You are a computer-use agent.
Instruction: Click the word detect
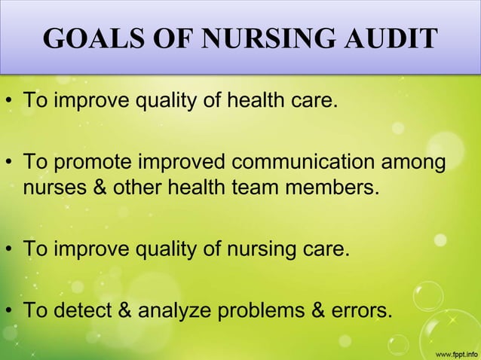pyautogui.click(x=82, y=310)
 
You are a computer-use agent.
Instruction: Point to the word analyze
pyautogui.click(x=173, y=310)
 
